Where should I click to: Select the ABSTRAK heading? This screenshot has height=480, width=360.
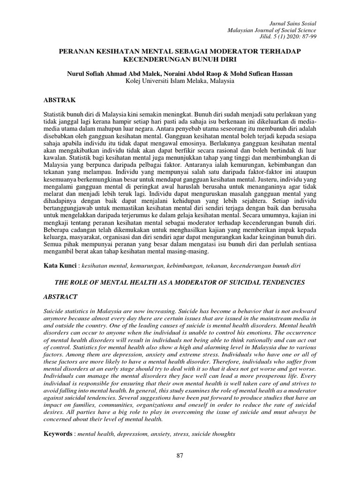tap(59, 100)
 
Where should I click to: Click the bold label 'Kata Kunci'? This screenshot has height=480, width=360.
tap(60, 266)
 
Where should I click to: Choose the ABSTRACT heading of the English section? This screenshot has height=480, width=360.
tap(60, 297)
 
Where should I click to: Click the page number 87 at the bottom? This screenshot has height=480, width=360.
tap(180, 456)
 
